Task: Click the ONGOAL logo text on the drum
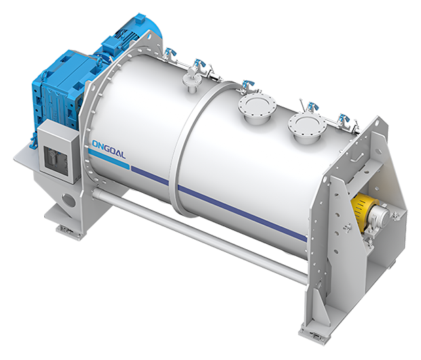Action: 109,149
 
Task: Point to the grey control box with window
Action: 58,151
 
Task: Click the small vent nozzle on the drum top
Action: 191,79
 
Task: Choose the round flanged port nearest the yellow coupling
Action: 307,127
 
